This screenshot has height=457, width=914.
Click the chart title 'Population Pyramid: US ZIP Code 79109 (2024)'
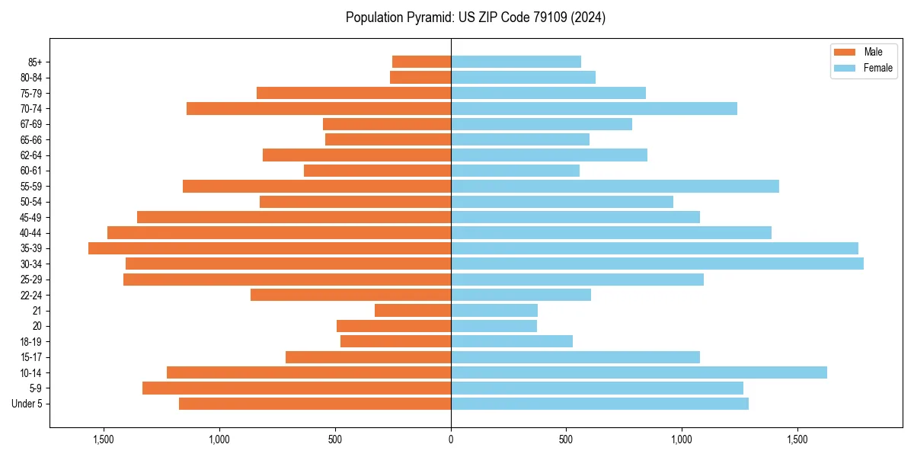point(475,18)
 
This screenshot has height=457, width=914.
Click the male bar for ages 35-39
point(270,248)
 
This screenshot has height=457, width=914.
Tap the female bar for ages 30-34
point(657,264)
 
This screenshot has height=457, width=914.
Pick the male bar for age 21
point(413,310)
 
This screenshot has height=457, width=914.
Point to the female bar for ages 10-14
point(639,372)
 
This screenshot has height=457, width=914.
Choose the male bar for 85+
point(421,62)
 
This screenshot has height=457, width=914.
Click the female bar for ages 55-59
point(615,186)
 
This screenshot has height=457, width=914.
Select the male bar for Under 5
point(315,404)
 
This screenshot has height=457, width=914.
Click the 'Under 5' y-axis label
point(27,404)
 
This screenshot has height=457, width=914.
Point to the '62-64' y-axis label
point(31,155)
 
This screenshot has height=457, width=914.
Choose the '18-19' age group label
point(31,341)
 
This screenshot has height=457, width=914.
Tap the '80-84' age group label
point(31,77)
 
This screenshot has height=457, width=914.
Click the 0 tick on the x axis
point(451,439)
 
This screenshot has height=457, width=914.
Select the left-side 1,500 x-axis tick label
point(103,439)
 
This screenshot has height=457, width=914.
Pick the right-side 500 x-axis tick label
point(566,439)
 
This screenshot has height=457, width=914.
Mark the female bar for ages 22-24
point(521,295)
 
